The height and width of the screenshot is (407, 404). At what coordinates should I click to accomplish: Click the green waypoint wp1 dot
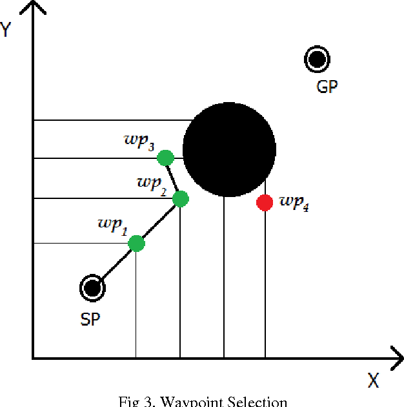(136, 244)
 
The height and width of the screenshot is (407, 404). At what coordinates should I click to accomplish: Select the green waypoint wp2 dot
(180, 199)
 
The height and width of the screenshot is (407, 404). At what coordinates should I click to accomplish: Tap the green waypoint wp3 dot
(166, 158)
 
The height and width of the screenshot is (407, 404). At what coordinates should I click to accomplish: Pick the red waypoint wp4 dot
(265, 203)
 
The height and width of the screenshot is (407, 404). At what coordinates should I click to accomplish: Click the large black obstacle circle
(229, 149)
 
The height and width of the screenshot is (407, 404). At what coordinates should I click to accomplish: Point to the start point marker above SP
(92, 288)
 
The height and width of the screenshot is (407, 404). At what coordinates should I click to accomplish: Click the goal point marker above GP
(316, 59)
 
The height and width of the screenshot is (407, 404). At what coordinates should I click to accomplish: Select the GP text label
(327, 87)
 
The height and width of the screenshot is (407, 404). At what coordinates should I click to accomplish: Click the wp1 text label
(113, 225)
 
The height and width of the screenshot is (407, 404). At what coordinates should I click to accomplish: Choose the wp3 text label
(139, 142)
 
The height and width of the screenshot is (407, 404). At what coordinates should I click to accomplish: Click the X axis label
(373, 381)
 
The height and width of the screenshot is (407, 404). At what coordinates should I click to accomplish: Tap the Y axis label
(6, 30)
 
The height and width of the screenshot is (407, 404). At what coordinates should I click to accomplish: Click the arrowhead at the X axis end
(394, 357)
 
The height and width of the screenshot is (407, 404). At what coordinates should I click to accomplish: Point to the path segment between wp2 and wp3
(173, 178)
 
